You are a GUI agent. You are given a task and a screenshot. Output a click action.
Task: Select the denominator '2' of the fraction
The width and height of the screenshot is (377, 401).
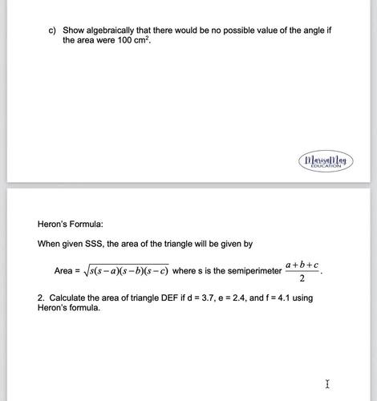tap(302, 279)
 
